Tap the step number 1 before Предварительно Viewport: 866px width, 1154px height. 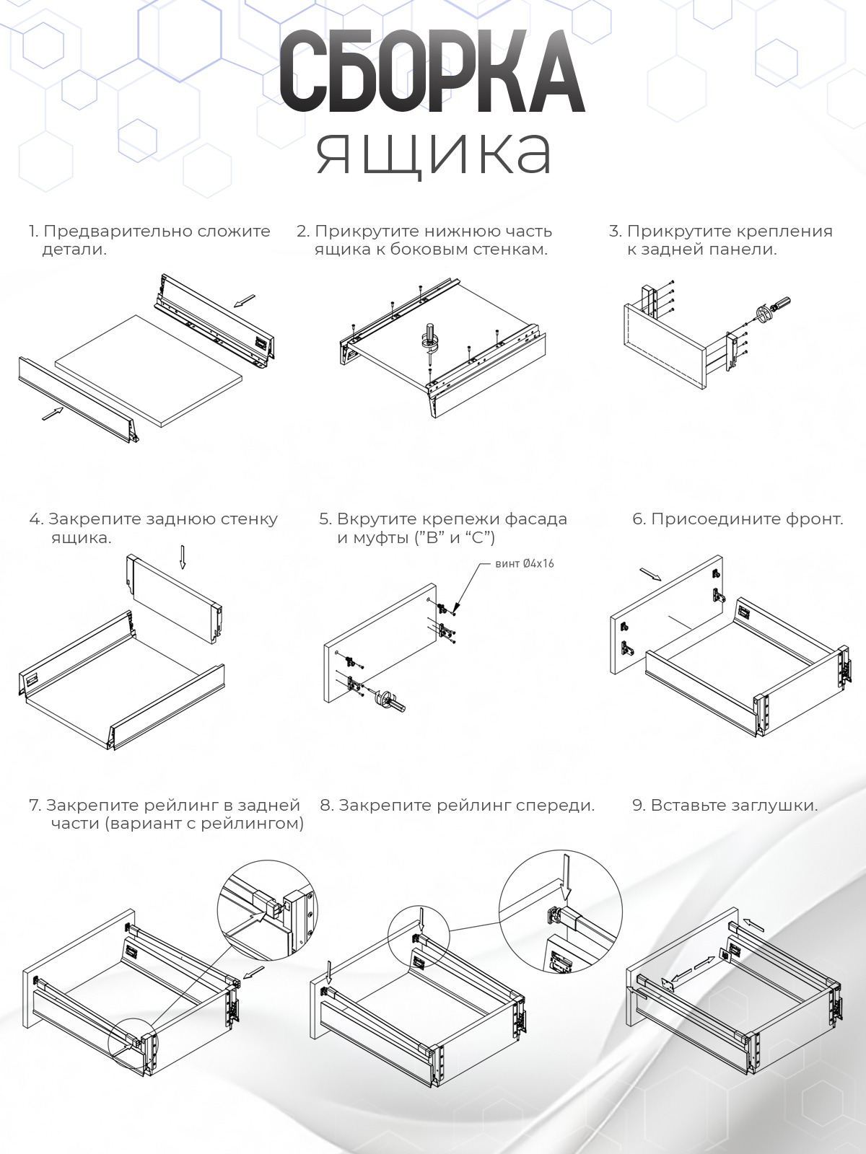[x=32, y=232]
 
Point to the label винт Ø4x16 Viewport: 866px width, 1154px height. [x=525, y=564]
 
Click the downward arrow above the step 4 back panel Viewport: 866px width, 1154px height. [x=183, y=556]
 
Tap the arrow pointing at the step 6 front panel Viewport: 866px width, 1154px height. [x=650, y=574]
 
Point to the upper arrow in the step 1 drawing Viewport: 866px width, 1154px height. [x=246, y=299]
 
